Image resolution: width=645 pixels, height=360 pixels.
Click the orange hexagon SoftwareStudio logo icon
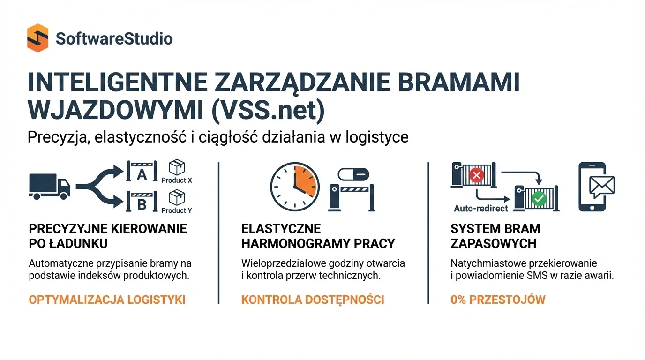[x=37, y=38]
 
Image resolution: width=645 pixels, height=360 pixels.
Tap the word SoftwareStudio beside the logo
[x=114, y=38]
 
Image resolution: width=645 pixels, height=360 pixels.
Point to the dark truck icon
[x=49, y=186]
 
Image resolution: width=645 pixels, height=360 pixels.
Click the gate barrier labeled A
[x=142, y=174]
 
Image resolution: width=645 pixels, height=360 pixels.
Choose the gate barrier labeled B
[x=142, y=203]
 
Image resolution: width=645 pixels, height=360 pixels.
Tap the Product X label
[x=177, y=180]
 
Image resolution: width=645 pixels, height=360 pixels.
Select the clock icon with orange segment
[x=295, y=186]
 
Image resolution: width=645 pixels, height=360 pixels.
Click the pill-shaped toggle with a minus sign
[x=353, y=174]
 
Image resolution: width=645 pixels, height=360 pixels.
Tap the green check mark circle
[x=539, y=199]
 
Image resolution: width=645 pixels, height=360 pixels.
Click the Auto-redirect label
[x=481, y=208]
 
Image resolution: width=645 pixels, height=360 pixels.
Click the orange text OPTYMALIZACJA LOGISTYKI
[x=107, y=300]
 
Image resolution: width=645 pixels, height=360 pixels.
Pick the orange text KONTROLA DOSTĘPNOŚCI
[x=313, y=300]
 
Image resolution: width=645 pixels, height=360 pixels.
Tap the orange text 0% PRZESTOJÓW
[x=498, y=300]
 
